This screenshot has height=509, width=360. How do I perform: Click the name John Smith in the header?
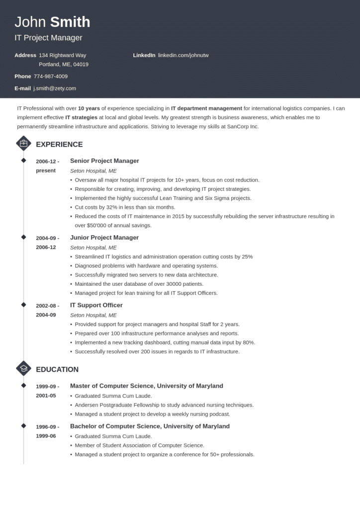tap(52, 22)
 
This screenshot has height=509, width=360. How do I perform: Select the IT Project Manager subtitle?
tap(49, 38)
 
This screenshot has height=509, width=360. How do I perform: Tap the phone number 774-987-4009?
tap(51, 77)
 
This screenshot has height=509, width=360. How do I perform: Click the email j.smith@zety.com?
tap(55, 88)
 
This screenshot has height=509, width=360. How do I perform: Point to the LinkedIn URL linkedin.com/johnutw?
tap(183, 55)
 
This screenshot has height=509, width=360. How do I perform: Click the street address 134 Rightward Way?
tap(63, 55)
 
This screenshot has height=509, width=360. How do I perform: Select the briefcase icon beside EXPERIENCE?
tap(23, 144)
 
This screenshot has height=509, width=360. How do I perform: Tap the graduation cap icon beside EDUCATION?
tap(23, 369)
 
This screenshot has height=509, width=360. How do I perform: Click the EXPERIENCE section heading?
tap(59, 145)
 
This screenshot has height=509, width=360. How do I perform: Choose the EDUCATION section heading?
tap(57, 370)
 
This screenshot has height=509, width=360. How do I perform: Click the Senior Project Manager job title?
tap(104, 161)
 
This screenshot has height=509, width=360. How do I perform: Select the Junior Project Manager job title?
tap(104, 238)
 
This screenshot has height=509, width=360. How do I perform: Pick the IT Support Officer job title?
tap(96, 305)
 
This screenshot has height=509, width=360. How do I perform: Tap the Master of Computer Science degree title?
tap(146, 386)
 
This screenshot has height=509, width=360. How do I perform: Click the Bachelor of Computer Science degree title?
tap(150, 426)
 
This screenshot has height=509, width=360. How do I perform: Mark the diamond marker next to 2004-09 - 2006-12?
tap(23, 237)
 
